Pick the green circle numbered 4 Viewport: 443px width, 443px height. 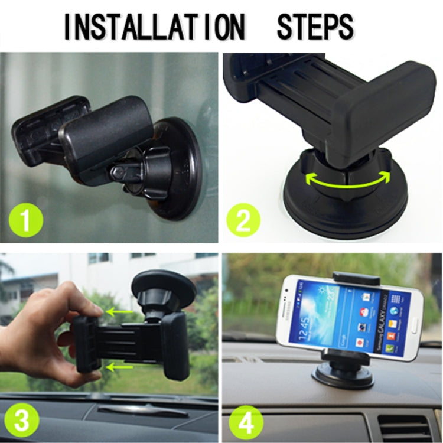242,422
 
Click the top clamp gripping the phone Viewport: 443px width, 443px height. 356,278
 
